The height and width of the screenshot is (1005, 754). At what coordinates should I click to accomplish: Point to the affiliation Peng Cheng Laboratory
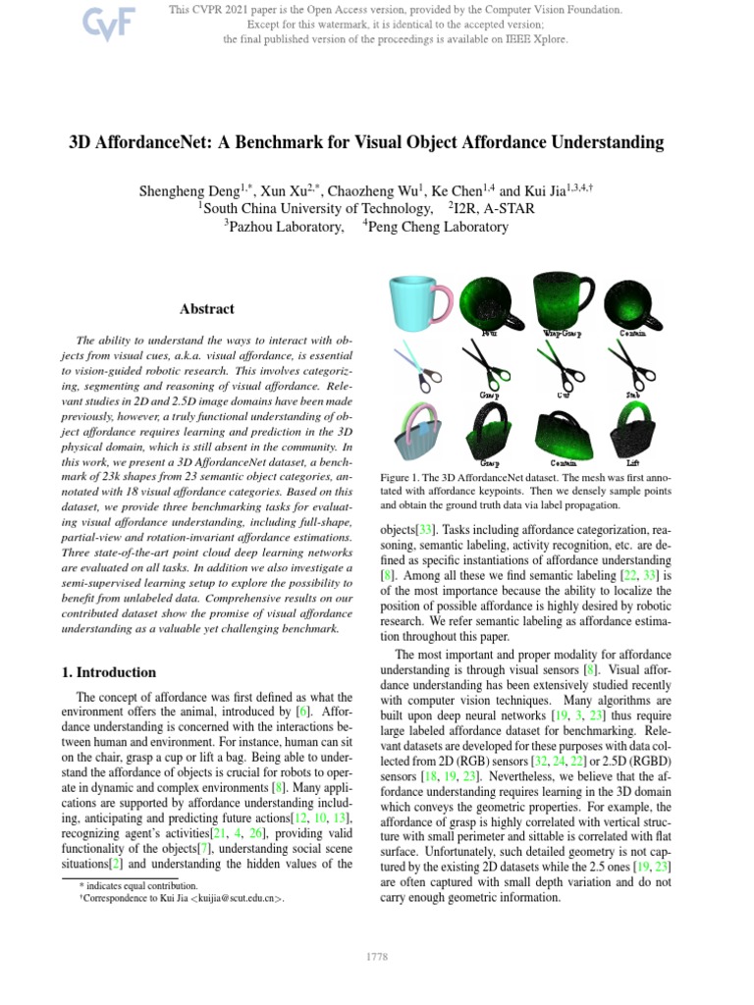point(439,227)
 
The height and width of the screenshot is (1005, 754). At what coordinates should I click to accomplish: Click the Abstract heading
point(206,309)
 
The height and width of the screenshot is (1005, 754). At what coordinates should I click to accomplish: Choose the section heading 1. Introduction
point(103,672)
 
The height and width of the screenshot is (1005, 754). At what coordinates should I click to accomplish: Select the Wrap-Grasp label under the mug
point(562,334)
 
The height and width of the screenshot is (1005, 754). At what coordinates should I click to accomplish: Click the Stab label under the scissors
point(633,397)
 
